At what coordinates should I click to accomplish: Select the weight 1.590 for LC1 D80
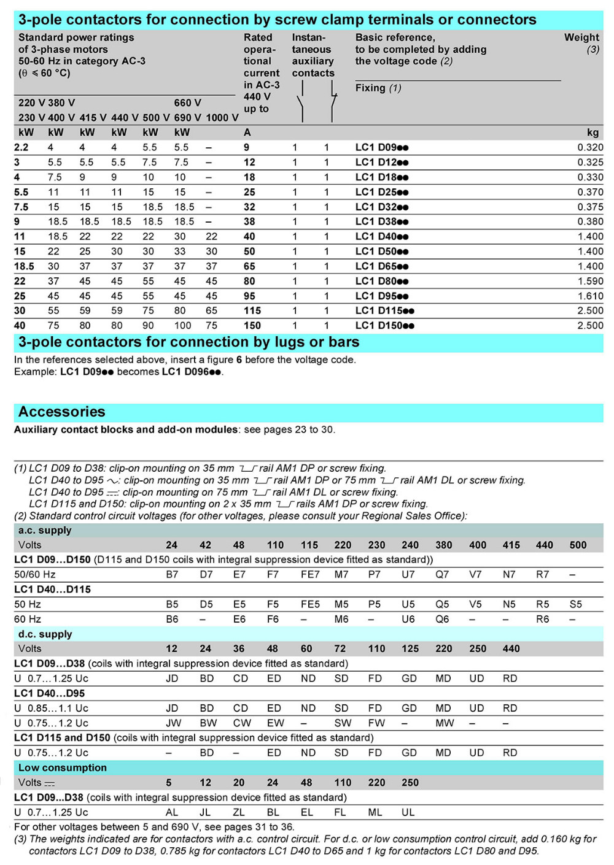click(x=590, y=281)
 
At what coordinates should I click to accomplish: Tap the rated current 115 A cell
click(x=252, y=310)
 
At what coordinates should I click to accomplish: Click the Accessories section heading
click(x=61, y=412)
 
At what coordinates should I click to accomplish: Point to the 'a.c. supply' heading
click(x=45, y=530)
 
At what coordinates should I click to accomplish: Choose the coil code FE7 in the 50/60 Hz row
click(x=310, y=574)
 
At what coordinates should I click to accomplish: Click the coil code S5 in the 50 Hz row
click(x=575, y=604)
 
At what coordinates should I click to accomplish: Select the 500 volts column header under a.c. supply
click(x=578, y=545)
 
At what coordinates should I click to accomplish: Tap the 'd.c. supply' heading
click(x=45, y=634)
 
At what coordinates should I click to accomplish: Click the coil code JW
click(x=173, y=723)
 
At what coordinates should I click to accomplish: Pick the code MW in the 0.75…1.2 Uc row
click(x=445, y=723)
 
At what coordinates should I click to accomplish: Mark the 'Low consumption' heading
click(x=62, y=767)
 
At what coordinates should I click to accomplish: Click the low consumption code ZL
click(x=239, y=812)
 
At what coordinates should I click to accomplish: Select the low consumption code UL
click(x=408, y=812)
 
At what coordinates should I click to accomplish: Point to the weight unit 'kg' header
click(x=593, y=133)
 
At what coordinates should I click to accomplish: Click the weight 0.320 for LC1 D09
click(x=590, y=147)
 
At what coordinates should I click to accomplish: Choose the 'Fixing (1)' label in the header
click(x=378, y=88)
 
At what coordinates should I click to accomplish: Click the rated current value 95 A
click(x=249, y=296)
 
